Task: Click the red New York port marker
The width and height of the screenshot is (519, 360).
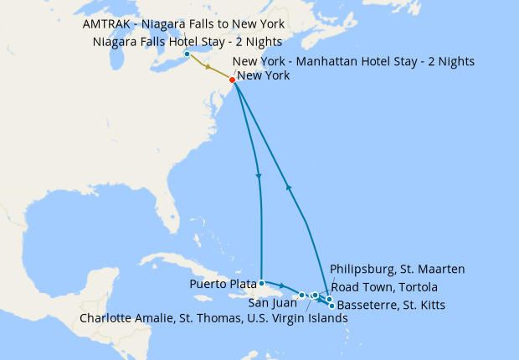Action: [x=232, y=80]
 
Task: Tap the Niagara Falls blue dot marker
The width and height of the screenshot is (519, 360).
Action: [x=187, y=55]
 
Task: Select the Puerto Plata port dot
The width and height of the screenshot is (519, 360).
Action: [x=262, y=282]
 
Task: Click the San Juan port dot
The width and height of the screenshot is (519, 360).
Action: [x=301, y=296]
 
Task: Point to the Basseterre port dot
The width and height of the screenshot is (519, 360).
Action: [x=332, y=306]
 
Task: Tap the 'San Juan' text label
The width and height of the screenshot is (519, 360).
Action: [x=273, y=303]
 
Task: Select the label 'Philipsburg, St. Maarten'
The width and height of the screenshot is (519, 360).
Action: [x=397, y=269]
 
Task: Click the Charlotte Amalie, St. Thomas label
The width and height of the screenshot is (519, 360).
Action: [x=213, y=318]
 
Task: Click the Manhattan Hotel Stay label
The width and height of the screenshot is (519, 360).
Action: [x=353, y=61]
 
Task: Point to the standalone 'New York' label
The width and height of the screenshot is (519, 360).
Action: [x=264, y=76]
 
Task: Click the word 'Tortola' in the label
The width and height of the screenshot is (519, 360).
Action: [x=416, y=286]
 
